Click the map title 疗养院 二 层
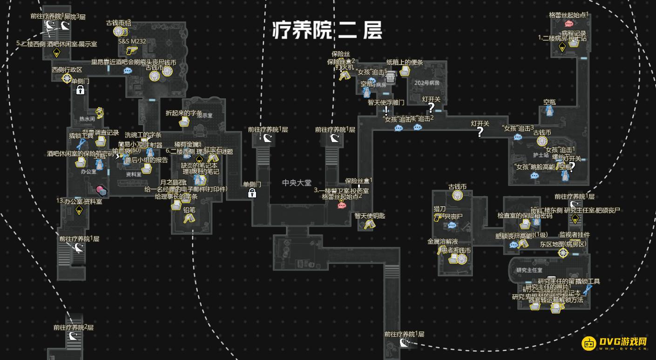click(327, 31)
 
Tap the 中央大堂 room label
click(297, 183)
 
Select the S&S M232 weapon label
click(132, 41)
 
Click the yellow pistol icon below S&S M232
click(131, 49)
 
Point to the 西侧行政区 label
click(67, 70)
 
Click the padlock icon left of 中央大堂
click(252, 193)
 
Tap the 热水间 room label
click(87, 119)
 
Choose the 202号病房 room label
click(428, 83)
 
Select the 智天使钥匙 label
click(370, 216)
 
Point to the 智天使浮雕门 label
click(386, 102)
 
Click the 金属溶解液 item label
click(443, 242)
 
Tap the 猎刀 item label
click(440, 209)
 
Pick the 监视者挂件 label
click(575, 235)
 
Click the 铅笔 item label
click(189, 210)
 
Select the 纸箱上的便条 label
click(405, 62)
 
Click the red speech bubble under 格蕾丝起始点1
click(568, 24)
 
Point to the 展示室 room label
click(204, 115)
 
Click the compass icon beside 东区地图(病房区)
click(563, 253)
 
